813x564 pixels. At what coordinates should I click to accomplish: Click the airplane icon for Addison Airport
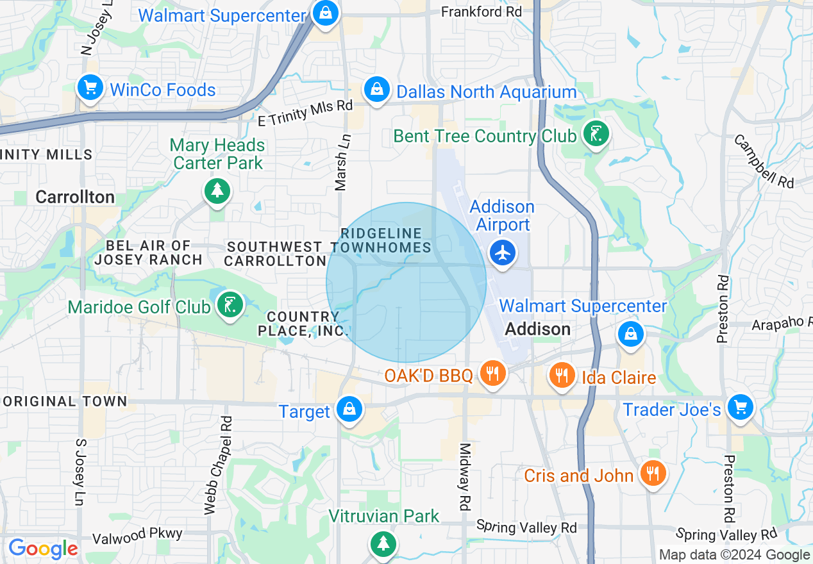[x=503, y=253]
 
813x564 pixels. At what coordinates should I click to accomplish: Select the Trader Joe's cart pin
[x=740, y=407]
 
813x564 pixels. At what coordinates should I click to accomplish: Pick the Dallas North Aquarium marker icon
[x=378, y=89]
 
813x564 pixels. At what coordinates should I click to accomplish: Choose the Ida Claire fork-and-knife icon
[x=562, y=375]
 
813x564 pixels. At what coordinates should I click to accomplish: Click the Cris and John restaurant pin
[x=653, y=474]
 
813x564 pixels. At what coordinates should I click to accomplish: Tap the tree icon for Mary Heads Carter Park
[x=217, y=190]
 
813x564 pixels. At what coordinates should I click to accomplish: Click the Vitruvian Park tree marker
[x=383, y=543]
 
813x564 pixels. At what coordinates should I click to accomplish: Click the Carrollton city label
[x=75, y=197]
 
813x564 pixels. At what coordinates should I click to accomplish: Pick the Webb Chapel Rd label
[x=217, y=465]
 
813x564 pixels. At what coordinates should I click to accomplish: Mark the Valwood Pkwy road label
[x=138, y=535]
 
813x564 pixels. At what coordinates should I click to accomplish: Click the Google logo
[x=43, y=549]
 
